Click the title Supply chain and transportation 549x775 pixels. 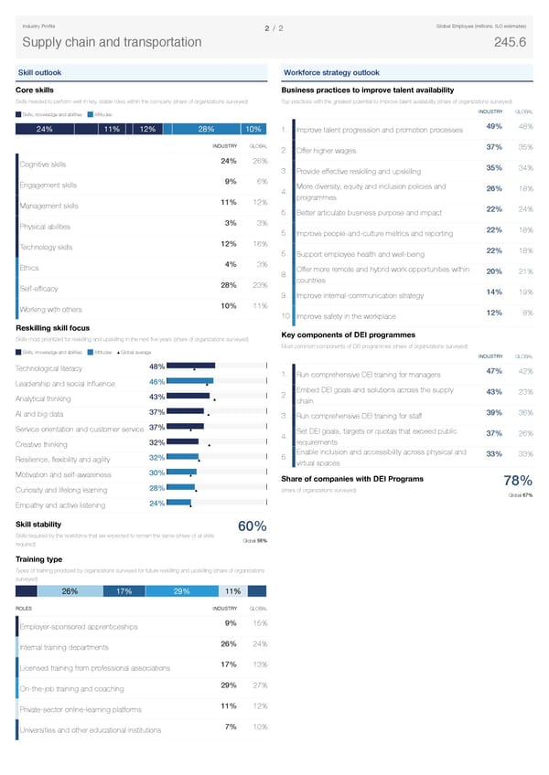coord(112,43)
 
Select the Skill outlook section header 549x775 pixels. coord(40,73)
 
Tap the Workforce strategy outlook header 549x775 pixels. coord(332,73)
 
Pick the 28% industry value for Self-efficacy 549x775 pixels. coord(230,285)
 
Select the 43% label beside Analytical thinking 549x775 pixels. coord(156,397)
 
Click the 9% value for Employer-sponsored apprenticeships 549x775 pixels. coord(231,623)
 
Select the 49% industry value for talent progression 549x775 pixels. coord(493,126)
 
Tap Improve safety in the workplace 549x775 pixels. coord(347,316)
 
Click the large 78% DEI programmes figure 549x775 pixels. coord(518,482)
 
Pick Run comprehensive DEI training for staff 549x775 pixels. coord(363,417)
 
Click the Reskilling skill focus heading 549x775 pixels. coord(53,327)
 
